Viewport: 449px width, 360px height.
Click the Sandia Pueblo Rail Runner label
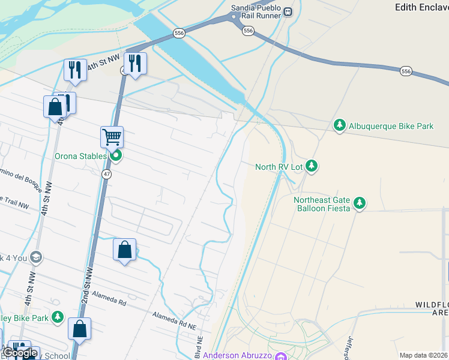[x=256, y=11]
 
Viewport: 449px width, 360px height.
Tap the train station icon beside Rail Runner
[x=288, y=11]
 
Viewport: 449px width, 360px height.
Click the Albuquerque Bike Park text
[x=391, y=126]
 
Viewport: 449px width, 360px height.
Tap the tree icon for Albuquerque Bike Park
[x=340, y=125]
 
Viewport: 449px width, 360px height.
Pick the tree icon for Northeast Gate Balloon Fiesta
[x=359, y=203]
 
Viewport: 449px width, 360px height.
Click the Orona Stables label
[x=80, y=157]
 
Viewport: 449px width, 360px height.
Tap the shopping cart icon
[x=112, y=137]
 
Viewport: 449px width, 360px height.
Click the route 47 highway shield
[x=106, y=174]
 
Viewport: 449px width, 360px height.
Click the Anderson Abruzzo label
[x=237, y=355]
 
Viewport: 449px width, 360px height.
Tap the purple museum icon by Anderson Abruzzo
[x=280, y=356]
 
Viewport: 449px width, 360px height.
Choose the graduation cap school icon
[x=35, y=258]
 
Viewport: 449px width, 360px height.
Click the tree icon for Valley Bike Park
[x=58, y=316]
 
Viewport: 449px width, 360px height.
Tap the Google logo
[x=19, y=353]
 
